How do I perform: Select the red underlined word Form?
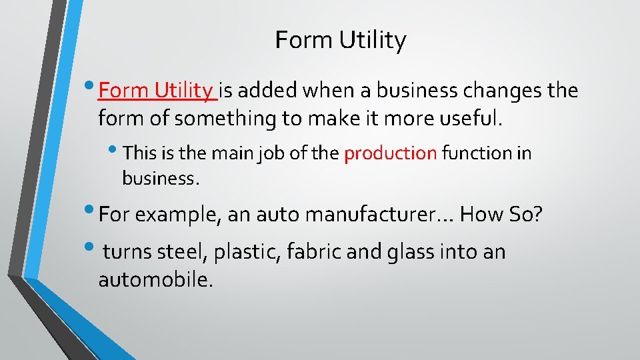[123, 90]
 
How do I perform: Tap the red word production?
[390, 153]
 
